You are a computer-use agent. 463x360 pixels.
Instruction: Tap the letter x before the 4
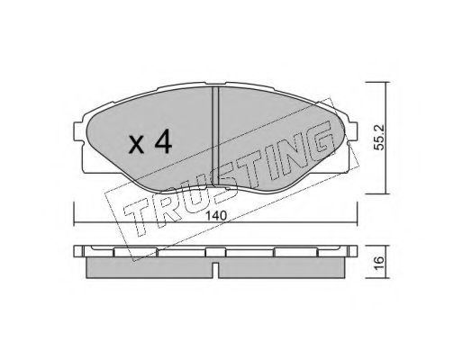137,145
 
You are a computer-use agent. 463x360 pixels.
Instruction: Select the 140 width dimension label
216,215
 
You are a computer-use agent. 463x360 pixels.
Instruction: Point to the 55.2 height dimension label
379,138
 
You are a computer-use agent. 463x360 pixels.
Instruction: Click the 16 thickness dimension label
379,262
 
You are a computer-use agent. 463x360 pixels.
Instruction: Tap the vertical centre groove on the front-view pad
215,137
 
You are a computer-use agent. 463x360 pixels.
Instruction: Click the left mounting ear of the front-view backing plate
78,131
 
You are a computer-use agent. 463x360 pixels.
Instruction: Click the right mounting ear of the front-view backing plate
352,131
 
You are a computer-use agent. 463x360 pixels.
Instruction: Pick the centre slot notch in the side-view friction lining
215,267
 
